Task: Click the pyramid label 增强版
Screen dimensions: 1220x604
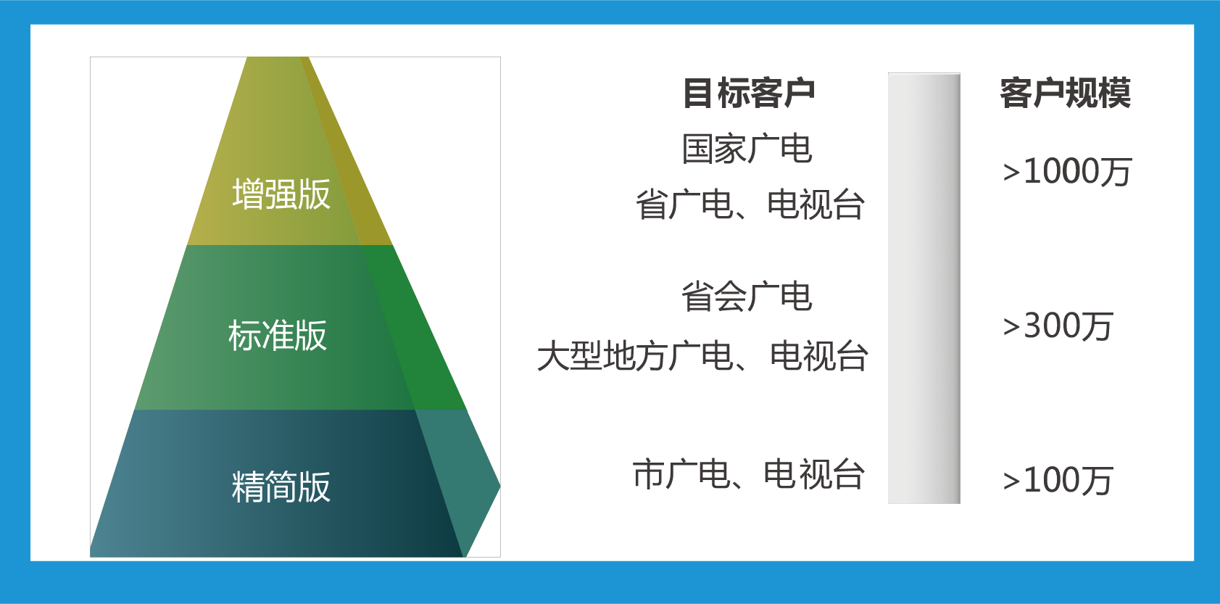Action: (281, 194)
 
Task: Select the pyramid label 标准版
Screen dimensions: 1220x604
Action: (277, 335)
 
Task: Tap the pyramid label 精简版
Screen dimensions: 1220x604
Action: (281, 487)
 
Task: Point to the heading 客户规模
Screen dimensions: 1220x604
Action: (1066, 93)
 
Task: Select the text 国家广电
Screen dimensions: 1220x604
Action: (747, 148)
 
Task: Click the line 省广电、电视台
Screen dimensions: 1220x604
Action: (750, 204)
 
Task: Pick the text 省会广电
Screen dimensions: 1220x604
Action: (747, 297)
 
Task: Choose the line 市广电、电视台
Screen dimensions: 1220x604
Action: (748, 473)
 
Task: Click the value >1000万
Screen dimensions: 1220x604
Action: (1068, 172)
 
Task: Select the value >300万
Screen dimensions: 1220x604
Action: (1058, 326)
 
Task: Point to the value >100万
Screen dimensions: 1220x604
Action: (1058, 480)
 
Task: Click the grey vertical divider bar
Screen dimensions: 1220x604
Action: (924, 288)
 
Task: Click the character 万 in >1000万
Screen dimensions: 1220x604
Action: (1115, 172)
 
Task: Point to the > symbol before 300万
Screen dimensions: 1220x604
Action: (1011, 327)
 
